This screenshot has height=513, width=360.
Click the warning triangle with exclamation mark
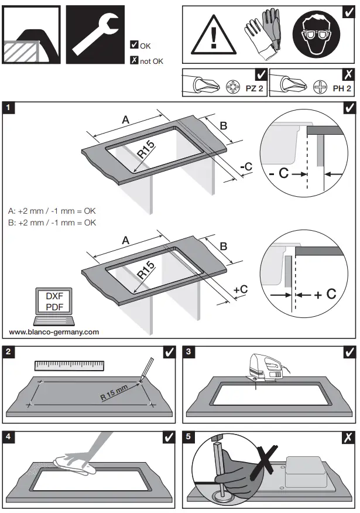212,34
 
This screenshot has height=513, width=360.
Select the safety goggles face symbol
318,34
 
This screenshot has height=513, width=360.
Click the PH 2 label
341,89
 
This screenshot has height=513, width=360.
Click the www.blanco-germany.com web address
54,331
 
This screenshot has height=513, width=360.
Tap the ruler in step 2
69,366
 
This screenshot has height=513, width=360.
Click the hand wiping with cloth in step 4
82,457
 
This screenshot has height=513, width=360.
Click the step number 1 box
9,107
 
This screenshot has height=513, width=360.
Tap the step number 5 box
188,436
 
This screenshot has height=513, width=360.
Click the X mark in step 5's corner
348,436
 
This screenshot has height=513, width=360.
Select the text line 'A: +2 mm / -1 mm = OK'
52,211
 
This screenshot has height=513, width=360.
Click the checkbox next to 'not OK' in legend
133,60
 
